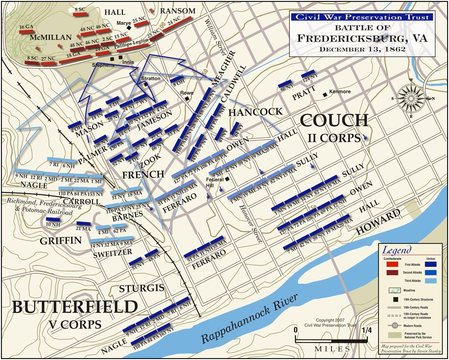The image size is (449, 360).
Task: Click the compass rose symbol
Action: (x=412, y=98)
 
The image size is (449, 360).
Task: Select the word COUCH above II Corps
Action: (x=334, y=121)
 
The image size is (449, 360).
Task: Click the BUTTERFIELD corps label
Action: (x=74, y=308)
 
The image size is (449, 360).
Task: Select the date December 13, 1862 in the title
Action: (x=363, y=49)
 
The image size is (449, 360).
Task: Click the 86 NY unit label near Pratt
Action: (x=285, y=88)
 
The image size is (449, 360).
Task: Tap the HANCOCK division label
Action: (x=255, y=112)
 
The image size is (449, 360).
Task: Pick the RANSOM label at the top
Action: (x=178, y=11)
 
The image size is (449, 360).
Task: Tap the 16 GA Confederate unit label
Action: (x=26, y=27)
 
